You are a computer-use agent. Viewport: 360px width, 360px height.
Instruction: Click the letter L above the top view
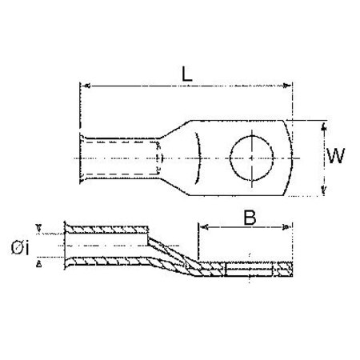[186, 72]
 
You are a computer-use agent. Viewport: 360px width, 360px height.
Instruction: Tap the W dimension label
[336, 158]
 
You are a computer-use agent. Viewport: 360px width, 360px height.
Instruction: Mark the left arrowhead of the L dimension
[85, 84]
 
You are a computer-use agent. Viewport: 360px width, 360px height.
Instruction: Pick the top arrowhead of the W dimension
[322, 126]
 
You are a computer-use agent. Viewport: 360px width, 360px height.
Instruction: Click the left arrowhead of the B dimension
[201, 226]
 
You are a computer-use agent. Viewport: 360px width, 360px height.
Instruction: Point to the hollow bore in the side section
[104, 245]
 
